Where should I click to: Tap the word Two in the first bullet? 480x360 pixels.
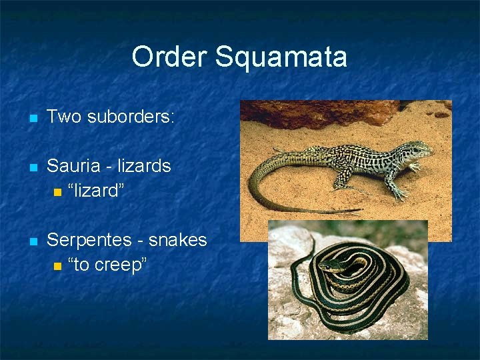click(64, 117)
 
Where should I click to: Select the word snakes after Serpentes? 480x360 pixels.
click(178, 240)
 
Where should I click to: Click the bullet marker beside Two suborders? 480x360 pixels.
click(33, 119)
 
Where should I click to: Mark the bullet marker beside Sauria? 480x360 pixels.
click(33, 167)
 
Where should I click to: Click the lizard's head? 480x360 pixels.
click(421, 149)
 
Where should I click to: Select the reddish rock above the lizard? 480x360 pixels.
click(320, 113)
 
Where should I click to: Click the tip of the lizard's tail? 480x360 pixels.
click(361, 211)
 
